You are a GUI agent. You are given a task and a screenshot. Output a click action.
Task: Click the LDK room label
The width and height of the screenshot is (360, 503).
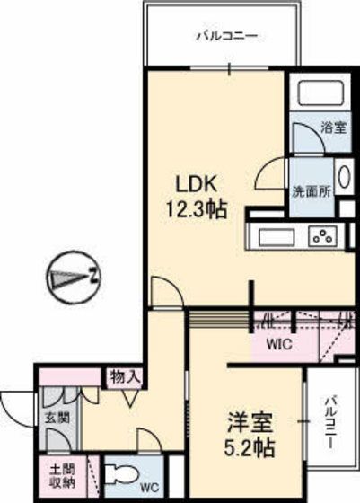[x=196, y=184]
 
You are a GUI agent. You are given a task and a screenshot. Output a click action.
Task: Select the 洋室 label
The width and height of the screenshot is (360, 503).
[x=250, y=422]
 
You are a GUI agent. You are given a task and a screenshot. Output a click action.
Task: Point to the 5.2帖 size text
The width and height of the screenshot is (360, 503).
[x=249, y=447]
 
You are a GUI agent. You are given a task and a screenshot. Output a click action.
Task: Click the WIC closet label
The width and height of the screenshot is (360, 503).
[x=279, y=345]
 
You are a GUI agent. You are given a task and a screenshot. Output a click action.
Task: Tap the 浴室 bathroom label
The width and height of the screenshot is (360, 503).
[x=334, y=128]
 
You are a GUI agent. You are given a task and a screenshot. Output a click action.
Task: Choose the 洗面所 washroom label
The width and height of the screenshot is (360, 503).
[x=312, y=192]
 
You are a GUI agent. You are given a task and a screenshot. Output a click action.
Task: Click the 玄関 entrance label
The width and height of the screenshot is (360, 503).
[x=57, y=418]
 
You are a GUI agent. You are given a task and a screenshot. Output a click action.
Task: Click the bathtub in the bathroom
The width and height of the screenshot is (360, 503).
[x=320, y=92]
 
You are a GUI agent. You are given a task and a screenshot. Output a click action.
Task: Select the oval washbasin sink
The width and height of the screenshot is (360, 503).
[x=345, y=177]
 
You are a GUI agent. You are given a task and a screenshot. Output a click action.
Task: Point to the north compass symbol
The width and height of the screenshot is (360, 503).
[x=74, y=278]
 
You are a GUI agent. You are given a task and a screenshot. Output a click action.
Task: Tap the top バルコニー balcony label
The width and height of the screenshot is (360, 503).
[x=226, y=36]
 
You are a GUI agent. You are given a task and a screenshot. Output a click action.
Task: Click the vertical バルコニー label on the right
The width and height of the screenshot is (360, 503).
[x=330, y=423]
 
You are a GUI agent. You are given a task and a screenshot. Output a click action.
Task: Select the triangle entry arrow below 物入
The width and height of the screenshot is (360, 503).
[x=130, y=397]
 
